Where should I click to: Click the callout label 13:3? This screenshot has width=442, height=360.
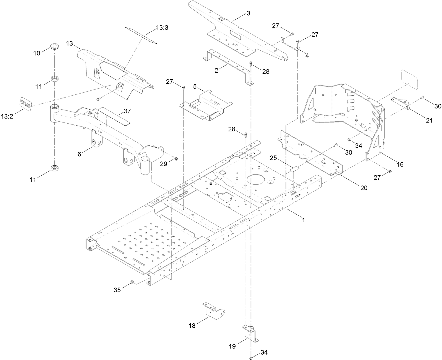pyautogui.click(x=162, y=28)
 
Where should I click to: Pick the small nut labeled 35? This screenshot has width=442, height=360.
pyautogui.click(x=132, y=282)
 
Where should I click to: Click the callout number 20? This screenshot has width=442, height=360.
pyautogui.click(x=364, y=188)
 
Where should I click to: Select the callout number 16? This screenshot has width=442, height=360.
pyautogui.click(x=400, y=164)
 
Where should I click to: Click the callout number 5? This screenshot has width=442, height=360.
pyautogui.click(x=195, y=86)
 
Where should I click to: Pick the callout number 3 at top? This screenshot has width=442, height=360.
pyautogui.click(x=248, y=13)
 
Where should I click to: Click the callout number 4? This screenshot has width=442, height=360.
pyautogui.click(x=307, y=56)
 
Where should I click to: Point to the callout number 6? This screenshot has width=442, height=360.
pyautogui.click(x=79, y=154)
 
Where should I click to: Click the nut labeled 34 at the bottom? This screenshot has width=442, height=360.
pyautogui.click(x=251, y=358)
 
